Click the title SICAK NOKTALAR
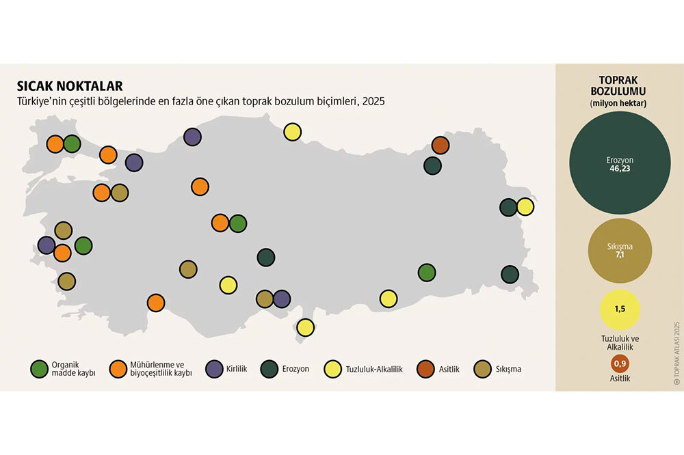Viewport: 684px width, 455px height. (x=70, y=86)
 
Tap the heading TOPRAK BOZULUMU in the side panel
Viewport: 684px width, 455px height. (x=619, y=85)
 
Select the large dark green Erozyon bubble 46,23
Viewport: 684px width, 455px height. (x=619, y=163)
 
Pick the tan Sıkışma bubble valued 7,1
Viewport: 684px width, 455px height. (x=619, y=251)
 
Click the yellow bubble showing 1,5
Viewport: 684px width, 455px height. (x=619, y=309)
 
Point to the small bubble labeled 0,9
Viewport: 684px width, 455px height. (x=619, y=365)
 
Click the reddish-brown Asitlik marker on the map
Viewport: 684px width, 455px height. (x=440, y=146)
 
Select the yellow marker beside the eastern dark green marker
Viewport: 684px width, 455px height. (x=525, y=207)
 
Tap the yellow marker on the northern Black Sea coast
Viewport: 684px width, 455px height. (x=292, y=132)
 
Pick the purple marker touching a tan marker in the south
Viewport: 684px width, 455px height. (x=282, y=299)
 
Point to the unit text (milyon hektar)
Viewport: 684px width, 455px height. (x=619, y=103)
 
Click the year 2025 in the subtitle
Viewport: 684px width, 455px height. (x=373, y=101)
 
